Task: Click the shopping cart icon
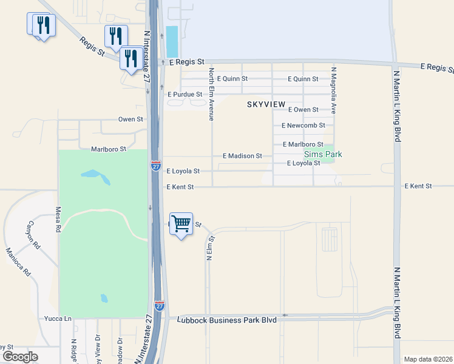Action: tap(181, 224)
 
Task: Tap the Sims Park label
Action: tap(323, 155)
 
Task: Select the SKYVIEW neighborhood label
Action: tap(266, 105)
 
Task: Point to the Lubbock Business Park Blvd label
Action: tap(227, 320)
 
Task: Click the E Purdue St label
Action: tap(193, 95)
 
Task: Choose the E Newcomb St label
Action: tap(303, 126)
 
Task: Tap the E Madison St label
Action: tap(242, 156)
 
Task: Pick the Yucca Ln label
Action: tap(58, 318)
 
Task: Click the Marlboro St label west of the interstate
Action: tap(108, 149)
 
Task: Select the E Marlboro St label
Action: tap(302, 144)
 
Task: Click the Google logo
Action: tap(20, 357)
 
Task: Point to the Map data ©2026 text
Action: tap(427, 359)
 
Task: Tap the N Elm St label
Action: tap(208, 249)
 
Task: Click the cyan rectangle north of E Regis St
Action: tap(172, 41)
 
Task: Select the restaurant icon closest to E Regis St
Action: tap(132, 58)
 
